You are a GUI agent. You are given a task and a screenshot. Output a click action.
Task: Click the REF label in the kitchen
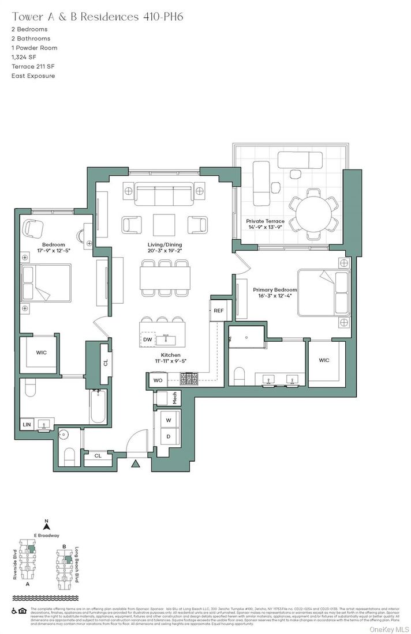click(218, 311)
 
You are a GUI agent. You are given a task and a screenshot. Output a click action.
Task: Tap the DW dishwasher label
click(148, 340)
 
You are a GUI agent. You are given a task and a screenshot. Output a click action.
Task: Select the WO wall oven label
click(158, 380)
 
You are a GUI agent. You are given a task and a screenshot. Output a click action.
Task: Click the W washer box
click(169, 420)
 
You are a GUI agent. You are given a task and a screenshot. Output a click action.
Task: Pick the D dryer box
click(169, 436)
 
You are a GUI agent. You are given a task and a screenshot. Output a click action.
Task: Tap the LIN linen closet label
click(27, 425)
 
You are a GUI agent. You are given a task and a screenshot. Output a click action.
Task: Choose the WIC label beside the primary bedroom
click(324, 361)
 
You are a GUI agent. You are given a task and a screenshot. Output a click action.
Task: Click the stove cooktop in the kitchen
click(189, 379)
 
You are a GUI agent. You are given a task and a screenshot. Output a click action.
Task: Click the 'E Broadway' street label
click(47, 535)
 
